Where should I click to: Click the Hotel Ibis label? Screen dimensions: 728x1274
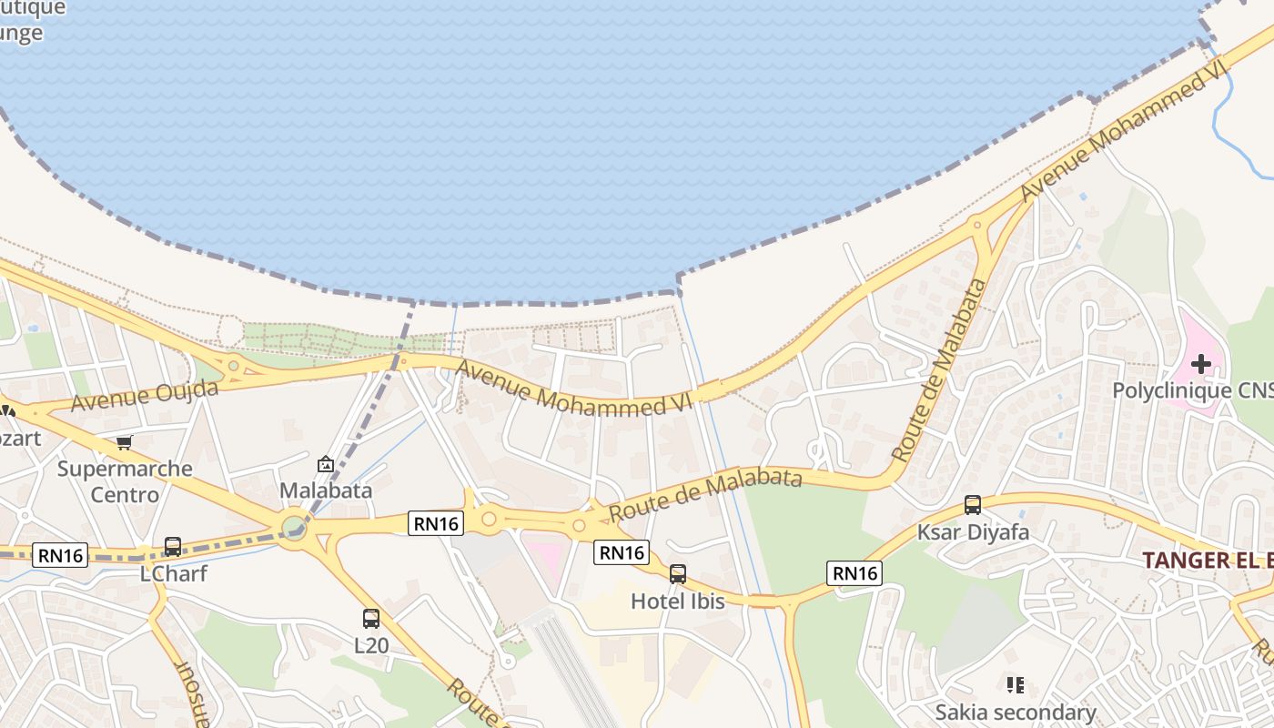[677, 602]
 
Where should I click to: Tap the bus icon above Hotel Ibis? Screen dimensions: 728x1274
[677, 574]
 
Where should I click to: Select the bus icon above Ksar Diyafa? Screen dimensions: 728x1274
[972, 505]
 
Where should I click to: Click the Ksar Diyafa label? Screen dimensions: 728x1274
[972, 532]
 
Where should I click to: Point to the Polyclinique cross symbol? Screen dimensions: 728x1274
[1200, 365]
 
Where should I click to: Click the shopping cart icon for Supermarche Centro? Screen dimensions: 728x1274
[125, 443]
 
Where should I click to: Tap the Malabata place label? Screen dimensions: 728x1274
[325, 490]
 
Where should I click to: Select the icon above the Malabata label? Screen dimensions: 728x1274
[325, 465]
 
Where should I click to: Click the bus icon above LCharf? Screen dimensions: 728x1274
[173, 547]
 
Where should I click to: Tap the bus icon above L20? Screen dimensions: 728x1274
[370, 619]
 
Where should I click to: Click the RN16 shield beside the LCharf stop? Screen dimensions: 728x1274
[60, 555]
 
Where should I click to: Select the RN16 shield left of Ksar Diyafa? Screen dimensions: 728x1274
[854, 572]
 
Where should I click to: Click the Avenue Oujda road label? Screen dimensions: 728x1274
[145, 395]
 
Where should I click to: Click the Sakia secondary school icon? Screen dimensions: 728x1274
[1016, 684]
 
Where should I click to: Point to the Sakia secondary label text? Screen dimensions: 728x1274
[1015, 712]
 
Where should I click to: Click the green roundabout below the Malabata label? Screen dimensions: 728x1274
[293, 528]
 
